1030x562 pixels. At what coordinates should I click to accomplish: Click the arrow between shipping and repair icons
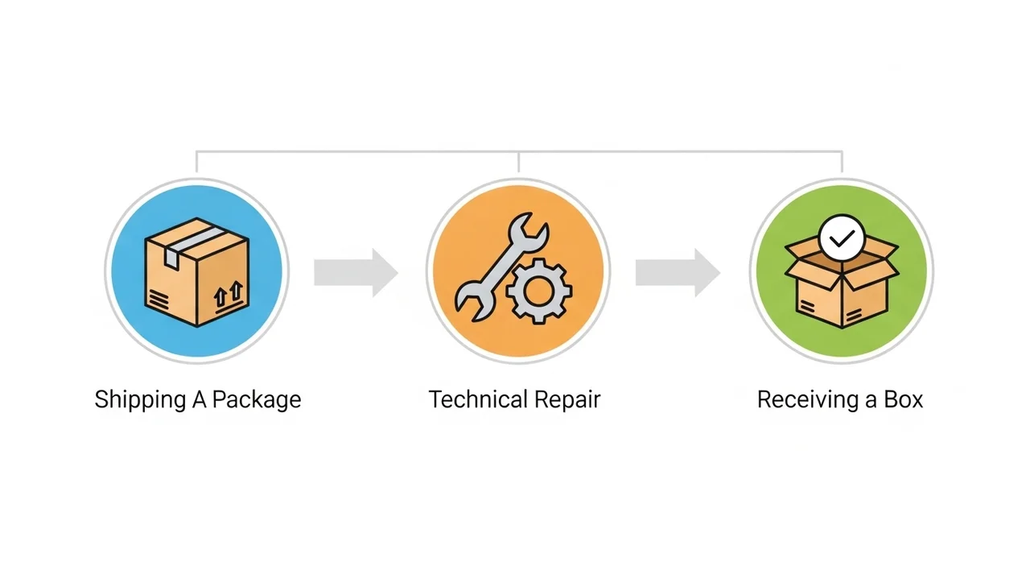tap(355, 273)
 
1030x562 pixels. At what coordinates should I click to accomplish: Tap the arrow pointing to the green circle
tap(677, 273)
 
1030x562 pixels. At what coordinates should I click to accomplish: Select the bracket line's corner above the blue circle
tap(197, 151)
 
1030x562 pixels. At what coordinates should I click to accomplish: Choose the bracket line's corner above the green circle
tap(842, 151)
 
